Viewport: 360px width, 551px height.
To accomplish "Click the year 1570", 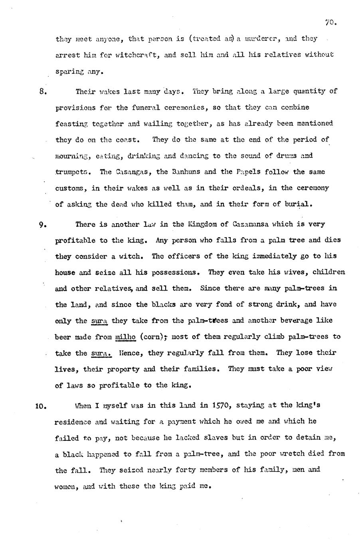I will click(220, 405).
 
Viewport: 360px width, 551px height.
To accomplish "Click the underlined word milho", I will click(125, 337).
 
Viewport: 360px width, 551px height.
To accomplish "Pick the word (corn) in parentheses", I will click(153, 337).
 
